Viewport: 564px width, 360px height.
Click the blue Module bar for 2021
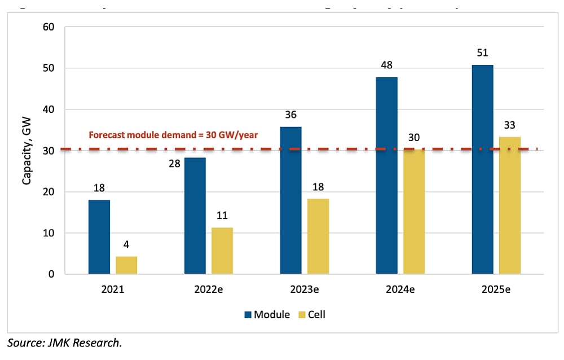click(x=99, y=237)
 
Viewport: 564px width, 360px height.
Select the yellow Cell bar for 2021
click(x=126, y=265)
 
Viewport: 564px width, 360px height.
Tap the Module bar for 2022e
click(x=195, y=216)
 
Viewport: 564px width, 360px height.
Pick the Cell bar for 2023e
click(x=318, y=236)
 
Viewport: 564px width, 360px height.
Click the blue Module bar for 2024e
click(x=386, y=175)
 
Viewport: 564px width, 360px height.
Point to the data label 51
click(x=482, y=54)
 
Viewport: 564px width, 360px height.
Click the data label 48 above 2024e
click(x=386, y=65)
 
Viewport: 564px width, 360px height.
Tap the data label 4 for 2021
click(x=126, y=245)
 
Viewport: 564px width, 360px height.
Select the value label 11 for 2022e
click(x=222, y=216)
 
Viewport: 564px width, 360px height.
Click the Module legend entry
click(x=266, y=314)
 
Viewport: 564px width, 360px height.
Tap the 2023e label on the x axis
click(x=305, y=290)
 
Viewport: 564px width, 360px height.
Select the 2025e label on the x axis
click(x=496, y=290)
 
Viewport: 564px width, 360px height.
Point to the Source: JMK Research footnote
click(x=65, y=343)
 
